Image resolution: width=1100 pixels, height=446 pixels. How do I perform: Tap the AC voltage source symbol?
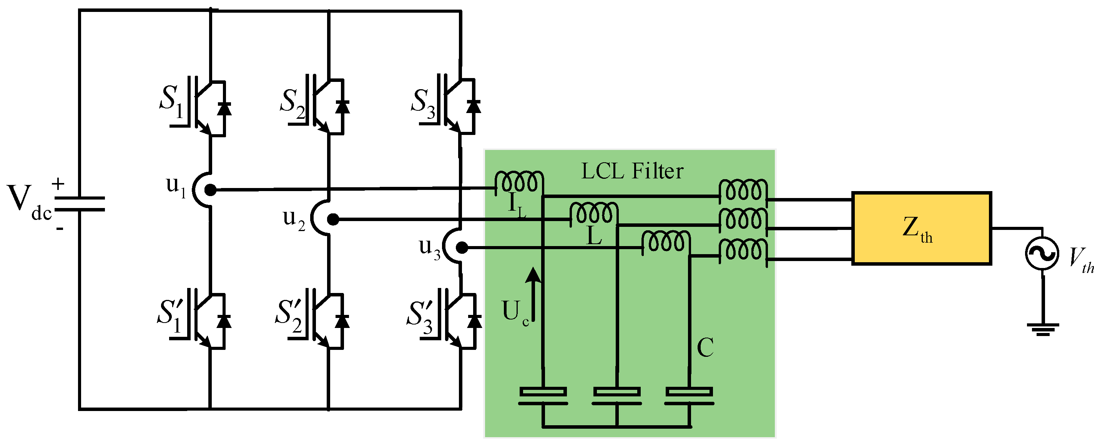(x=1042, y=253)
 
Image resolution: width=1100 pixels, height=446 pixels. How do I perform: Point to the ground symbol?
(x=1043, y=330)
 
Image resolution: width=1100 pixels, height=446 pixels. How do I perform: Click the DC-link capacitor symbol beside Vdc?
(x=80, y=204)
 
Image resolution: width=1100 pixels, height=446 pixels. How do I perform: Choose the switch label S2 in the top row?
(x=292, y=103)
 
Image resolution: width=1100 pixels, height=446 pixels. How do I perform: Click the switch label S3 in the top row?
(x=423, y=103)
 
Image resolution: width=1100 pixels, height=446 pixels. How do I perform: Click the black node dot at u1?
(x=211, y=190)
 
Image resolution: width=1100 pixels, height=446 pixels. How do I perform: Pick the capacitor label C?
(x=705, y=347)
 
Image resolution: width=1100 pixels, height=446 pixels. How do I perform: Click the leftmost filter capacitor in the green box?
(x=543, y=396)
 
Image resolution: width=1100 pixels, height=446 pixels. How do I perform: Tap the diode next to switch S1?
(x=224, y=108)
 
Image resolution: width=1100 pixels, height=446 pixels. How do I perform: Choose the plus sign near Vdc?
(x=58, y=184)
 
